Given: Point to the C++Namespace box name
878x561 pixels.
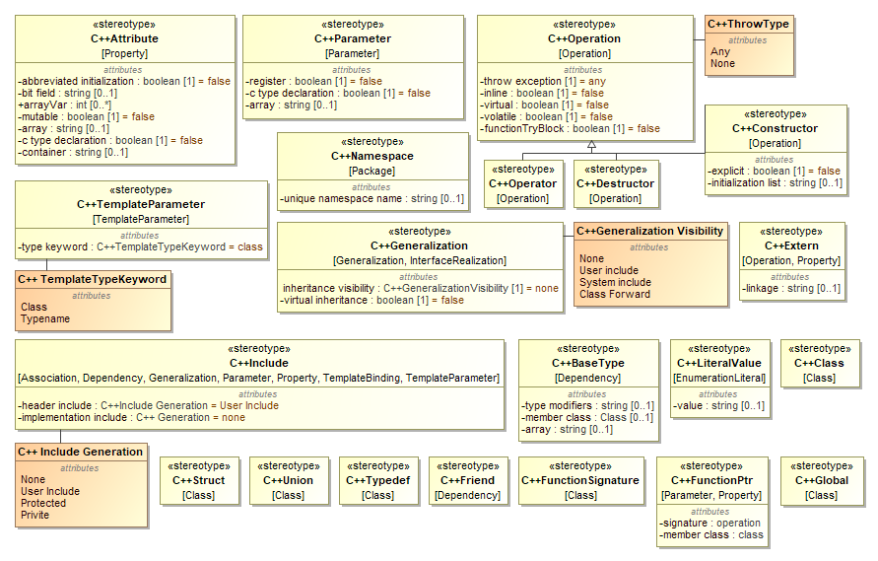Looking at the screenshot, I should pos(371,156).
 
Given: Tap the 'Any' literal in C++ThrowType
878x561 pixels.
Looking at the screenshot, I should pos(720,51).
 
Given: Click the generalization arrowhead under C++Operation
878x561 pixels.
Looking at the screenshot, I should pos(591,146).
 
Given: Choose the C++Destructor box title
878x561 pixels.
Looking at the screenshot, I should pos(615,183).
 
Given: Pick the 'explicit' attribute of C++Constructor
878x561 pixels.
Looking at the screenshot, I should pos(774,171).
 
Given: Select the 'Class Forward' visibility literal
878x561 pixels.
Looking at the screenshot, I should pos(614,294).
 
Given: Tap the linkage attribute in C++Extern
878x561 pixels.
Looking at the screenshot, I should pos(791,288).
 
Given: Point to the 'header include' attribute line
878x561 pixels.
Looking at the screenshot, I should pos(148,405).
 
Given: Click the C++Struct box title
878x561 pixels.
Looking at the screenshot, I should pos(198,480).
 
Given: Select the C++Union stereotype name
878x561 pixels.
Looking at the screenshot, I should pos(288,480).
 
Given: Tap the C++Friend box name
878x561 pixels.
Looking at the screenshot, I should pos(467,480).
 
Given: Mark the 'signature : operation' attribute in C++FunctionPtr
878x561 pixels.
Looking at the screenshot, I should pos(709,523).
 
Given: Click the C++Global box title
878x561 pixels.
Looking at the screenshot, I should pos(821,480).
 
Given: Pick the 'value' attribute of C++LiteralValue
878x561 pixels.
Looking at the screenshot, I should pos(719,405).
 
